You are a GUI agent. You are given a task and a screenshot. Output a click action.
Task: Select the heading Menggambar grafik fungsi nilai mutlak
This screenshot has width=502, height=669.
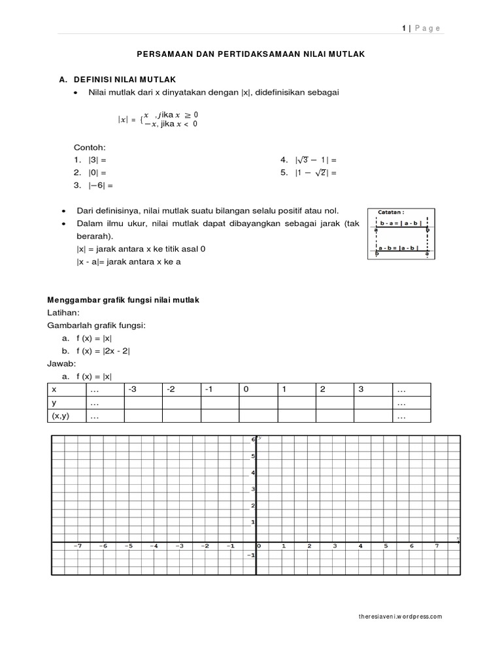click(124, 300)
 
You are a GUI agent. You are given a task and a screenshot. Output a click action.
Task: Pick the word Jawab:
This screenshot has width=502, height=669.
click(62, 363)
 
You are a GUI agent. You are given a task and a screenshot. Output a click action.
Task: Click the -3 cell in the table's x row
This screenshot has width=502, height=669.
click(133, 389)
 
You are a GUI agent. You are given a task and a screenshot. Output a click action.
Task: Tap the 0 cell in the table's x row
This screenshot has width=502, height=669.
click(246, 389)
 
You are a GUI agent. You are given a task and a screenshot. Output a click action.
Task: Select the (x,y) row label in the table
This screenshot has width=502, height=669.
click(60, 416)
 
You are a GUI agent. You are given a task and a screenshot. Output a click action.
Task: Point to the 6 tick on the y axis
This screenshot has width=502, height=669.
click(252, 440)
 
